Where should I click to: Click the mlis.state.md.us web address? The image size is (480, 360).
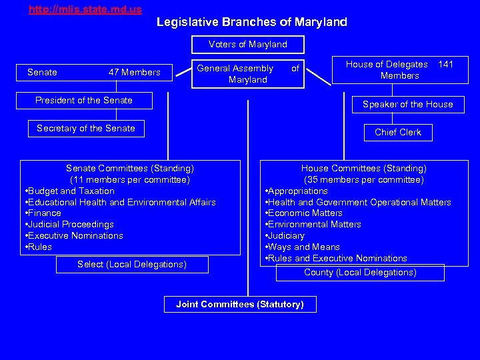85,10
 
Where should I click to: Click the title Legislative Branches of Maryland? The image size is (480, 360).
251,22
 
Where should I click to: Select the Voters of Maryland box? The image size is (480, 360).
248,45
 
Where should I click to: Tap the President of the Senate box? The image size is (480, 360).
84,101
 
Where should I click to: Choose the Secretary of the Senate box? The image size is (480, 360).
86,129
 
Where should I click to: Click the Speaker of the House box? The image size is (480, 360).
407,105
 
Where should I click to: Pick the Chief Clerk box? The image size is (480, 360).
398,133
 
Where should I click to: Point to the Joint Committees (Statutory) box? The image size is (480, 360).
240,305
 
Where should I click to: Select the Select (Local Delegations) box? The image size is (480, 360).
132,265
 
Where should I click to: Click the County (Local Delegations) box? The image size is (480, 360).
360,273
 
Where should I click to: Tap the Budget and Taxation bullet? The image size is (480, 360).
71,191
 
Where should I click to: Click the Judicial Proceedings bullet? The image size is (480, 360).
71,225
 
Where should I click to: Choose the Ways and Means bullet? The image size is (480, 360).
304,247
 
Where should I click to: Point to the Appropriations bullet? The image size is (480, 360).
298,191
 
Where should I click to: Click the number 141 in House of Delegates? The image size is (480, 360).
446,65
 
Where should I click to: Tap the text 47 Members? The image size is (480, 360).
135,73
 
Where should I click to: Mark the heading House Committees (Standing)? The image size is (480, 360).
364,169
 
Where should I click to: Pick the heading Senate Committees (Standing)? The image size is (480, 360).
130,169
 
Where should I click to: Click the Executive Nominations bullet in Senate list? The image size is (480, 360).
75,236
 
